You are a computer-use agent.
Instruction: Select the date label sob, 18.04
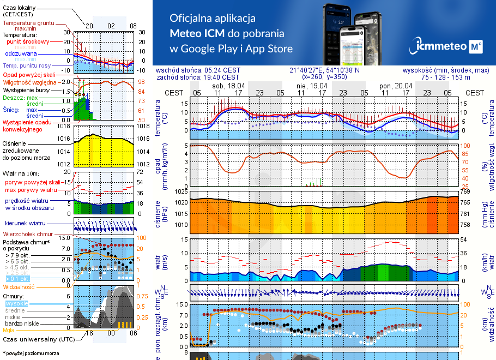pyautogui.click(x=228, y=86)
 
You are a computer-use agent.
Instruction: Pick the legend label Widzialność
pyautogui.click(x=19, y=286)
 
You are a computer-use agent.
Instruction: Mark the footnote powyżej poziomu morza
pyautogui.click(x=32, y=353)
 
